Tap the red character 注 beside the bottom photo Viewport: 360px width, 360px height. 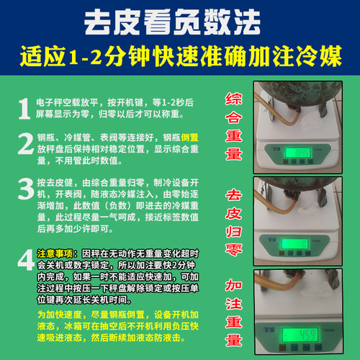click(x=235, y=305)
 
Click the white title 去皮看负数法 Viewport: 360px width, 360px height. click(x=180, y=20)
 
